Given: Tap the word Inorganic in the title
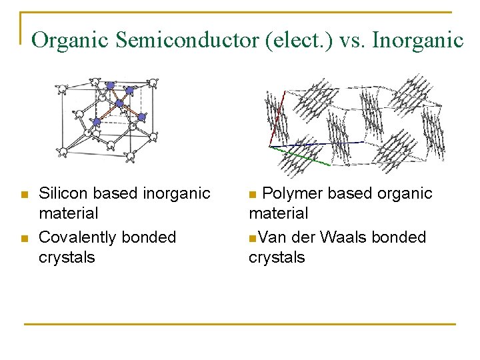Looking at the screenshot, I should tap(417, 41).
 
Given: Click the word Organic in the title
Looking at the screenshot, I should tap(70, 41).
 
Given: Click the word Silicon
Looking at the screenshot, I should tap(62, 194).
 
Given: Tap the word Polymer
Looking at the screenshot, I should tap(291, 194).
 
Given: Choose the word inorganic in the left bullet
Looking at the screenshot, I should tap(175, 194).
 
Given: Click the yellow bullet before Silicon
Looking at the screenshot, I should tap(24, 195).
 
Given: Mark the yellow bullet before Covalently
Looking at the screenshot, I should tap(24, 238).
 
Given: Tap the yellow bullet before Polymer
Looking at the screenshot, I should tap(252, 195).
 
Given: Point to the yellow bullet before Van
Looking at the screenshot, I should tap(252, 238).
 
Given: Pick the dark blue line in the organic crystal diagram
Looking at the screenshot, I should tap(313, 143).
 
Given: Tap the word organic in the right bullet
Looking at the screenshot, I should tap(405, 194).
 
